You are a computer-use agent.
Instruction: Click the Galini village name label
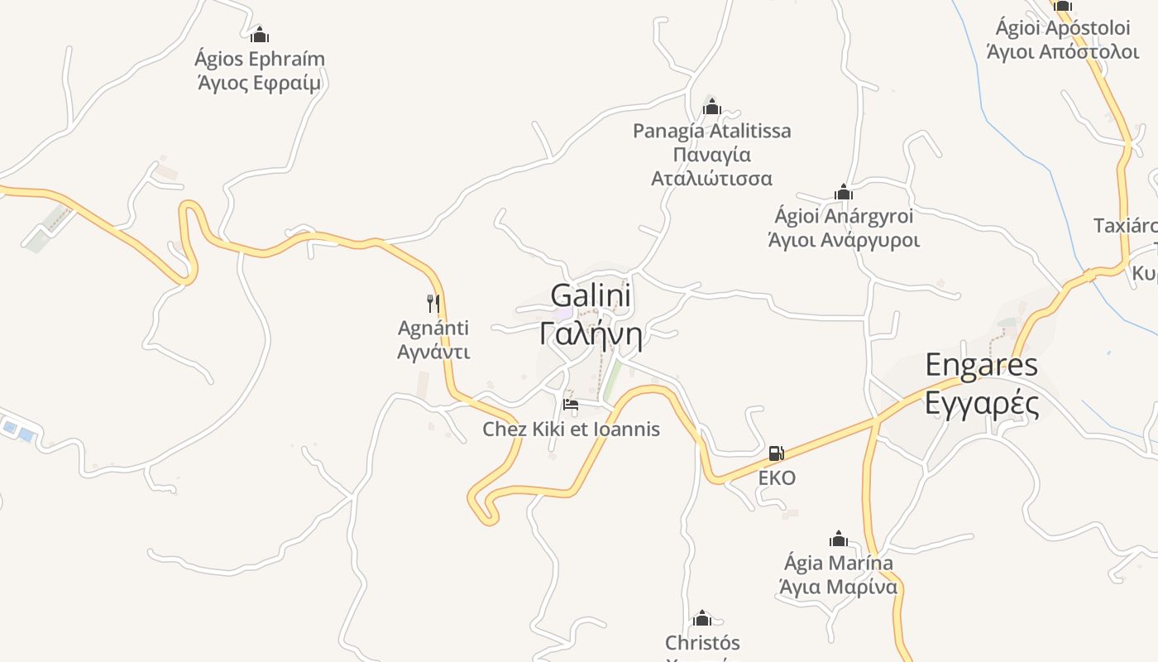click(x=591, y=296)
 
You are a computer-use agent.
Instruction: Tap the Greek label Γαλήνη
click(x=591, y=333)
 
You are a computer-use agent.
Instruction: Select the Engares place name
click(x=981, y=365)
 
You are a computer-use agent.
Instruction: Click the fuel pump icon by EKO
click(x=776, y=453)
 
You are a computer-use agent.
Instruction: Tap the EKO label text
click(x=777, y=478)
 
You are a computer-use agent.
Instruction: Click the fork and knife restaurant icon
click(x=433, y=303)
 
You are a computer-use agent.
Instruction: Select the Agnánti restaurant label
click(x=433, y=328)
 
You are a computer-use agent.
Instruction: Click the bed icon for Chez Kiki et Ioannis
click(x=570, y=405)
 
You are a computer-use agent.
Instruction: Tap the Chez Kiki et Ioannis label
click(x=571, y=429)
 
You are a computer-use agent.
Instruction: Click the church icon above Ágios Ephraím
click(x=260, y=35)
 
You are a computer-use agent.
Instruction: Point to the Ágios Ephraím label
click(x=260, y=59)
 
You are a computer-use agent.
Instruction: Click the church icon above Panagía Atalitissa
click(x=712, y=107)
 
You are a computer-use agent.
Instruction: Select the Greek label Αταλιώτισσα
click(x=711, y=179)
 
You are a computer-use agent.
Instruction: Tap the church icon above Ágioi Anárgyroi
click(x=844, y=193)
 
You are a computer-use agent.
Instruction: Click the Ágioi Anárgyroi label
click(x=844, y=217)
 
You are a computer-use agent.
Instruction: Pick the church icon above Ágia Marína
click(x=839, y=540)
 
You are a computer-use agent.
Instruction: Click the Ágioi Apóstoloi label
click(x=1063, y=28)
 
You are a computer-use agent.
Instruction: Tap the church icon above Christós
click(x=702, y=618)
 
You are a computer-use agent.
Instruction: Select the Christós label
click(x=702, y=643)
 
